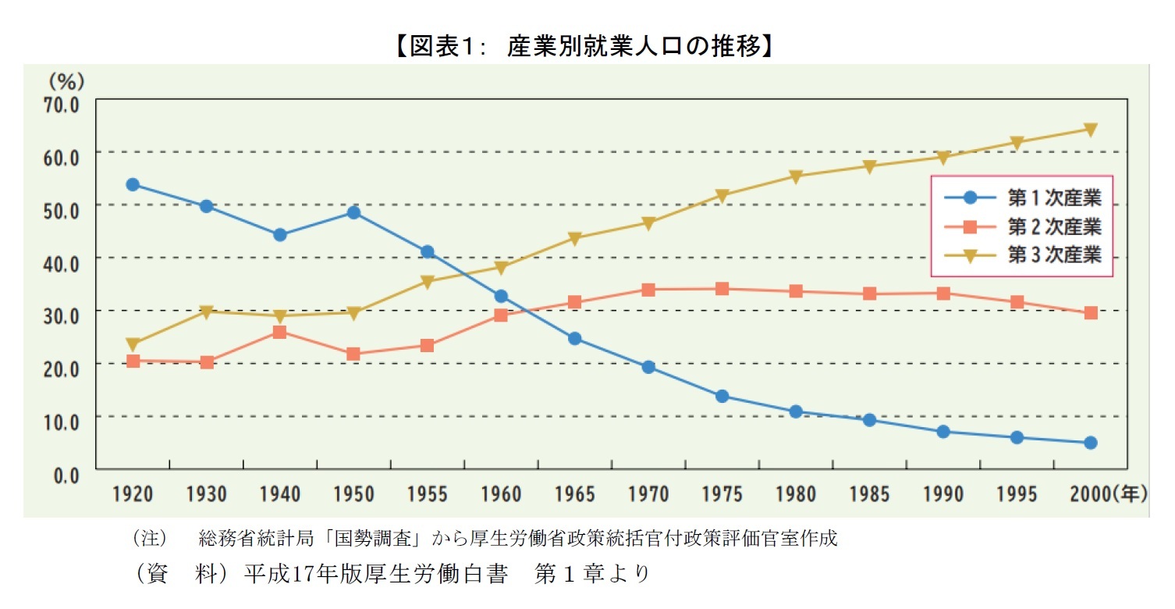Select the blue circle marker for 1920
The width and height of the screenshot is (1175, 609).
pos(133,185)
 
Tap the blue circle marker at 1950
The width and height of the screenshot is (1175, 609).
pos(353,212)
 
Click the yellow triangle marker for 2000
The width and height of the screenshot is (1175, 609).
pos(1091,130)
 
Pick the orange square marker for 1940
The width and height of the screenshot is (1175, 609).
pos(280,333)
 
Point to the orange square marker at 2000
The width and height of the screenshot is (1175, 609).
pos(1091,313)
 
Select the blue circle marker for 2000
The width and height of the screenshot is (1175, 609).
pos(1091,443)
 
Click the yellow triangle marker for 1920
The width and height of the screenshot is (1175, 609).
pos(133,344)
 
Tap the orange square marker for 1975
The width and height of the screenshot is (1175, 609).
pos(722,289)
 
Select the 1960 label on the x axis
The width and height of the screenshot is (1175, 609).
pos(501,494)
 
